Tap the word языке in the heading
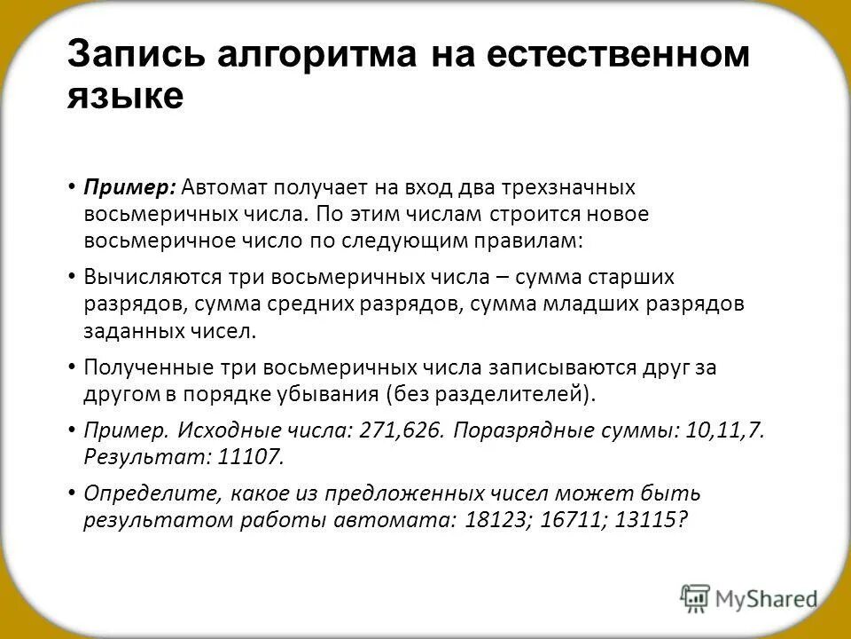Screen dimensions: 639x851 [125, 95]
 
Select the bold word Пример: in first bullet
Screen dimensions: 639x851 [130, 188]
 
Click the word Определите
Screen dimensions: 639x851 [148, 494]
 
